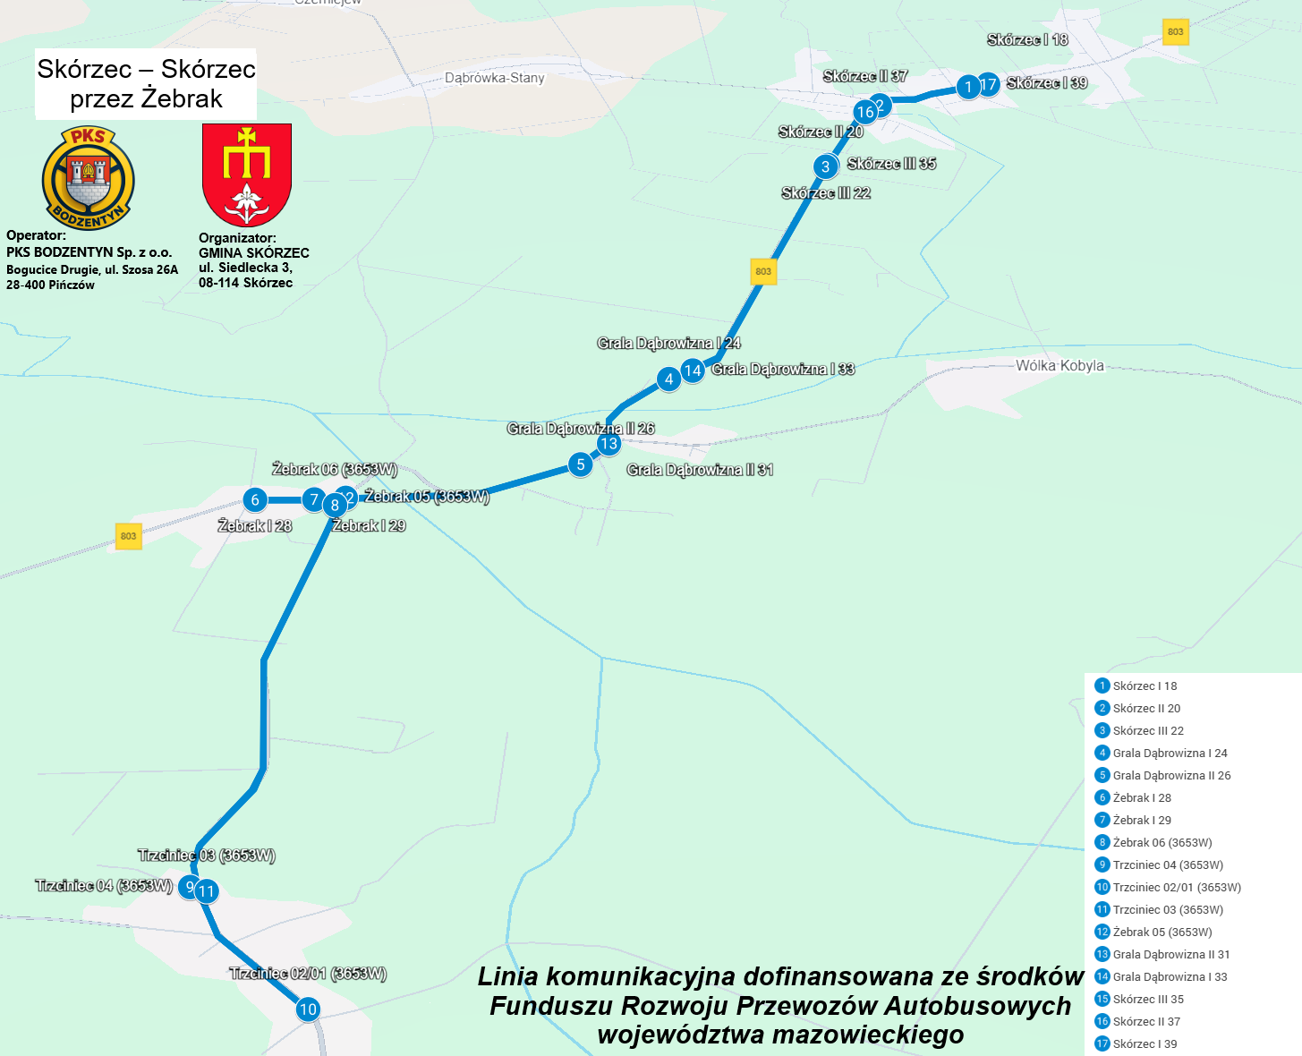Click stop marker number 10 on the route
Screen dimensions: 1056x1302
(x=308, y=1009)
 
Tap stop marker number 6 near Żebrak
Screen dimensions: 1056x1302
(x=255, y=499)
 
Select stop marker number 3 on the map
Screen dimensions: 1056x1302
(x=825, y=166)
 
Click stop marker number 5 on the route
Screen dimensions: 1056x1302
(x=581, y=464)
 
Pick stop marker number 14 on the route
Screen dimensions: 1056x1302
(x=693, y=370)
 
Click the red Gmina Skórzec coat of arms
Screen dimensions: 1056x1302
(x=247, y=175)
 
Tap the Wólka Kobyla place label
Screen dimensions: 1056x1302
(x=1059, y=365)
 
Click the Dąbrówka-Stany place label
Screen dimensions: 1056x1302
(x=494, y=78)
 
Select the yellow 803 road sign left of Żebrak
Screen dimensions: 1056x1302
(x=129, y=536)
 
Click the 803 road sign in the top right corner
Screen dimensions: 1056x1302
(x=1175, y=31)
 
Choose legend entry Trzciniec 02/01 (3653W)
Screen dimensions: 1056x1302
(x=1176, y=887)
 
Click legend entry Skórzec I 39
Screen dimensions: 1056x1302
(x=1145, y=1043)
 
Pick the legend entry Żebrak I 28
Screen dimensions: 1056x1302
(x=1141, y=797)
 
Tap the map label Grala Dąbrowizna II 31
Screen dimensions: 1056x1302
(x=700, y=470)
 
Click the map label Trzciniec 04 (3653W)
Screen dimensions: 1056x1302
(x=104, y=885)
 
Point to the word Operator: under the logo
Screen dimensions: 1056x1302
(x=36, y=235)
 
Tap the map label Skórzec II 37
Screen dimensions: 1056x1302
(x=864, y=76)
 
